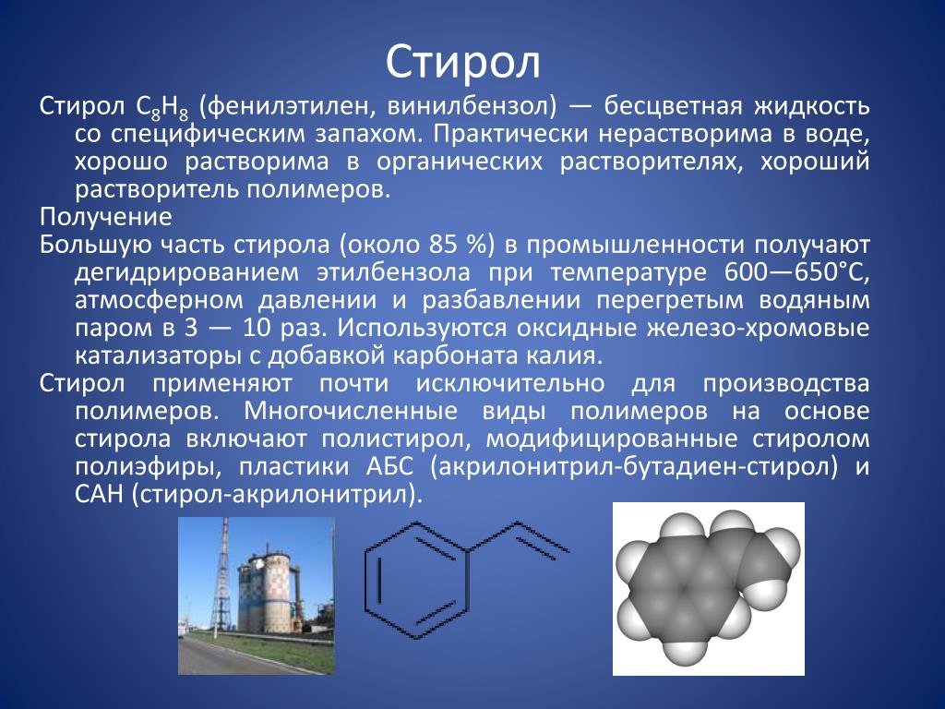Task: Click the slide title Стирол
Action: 463,62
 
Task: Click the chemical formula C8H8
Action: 162,108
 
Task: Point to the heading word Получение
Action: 106,217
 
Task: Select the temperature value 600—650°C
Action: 796,272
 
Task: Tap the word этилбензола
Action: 393,273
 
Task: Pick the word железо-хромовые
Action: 759,328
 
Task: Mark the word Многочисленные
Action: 351,411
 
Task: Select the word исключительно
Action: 510,383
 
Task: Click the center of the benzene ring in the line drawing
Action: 417,580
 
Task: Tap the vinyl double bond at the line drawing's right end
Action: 543,538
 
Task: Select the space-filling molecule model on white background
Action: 709,588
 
